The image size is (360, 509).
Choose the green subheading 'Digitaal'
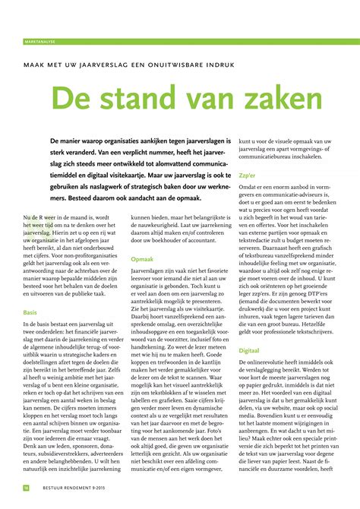click(250, 352)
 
